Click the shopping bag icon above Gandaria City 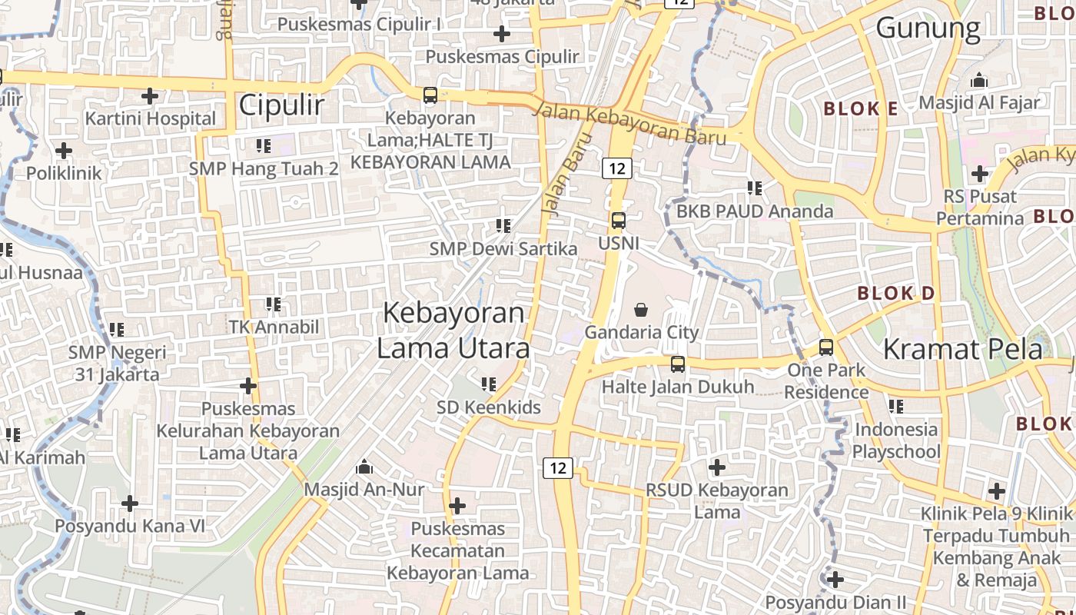[x=640, y=310]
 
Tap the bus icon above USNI [x=618, y=221]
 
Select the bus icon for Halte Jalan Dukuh [x=677, y=364]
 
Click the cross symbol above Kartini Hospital [x=150, y=96]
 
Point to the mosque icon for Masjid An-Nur [x=364, y=467]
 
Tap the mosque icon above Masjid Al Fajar [x=979, y=80]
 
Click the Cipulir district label [x=281, y=105]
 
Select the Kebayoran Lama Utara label [x=453, y=331]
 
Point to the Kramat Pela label [x=962, y=349]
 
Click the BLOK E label [x=860, y=109]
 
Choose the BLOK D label [x=895, y=294]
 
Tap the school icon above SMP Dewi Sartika [x=503, y=226]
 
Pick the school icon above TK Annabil [x=273, y=304]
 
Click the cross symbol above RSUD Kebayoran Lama [x=716, y=467]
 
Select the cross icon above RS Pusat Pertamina [x=979, y=174]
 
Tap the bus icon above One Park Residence [x=826, y=347]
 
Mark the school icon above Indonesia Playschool [x=896, y=406]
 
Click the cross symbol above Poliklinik [x=64, y=150]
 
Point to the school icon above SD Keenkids [x=489, y=384]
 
